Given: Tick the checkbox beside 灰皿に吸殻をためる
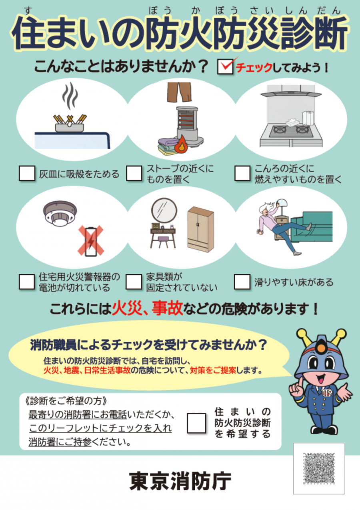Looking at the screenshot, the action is [27, 173].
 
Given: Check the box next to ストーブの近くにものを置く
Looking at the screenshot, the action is [134, 173].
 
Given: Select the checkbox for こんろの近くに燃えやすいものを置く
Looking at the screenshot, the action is [242, 173].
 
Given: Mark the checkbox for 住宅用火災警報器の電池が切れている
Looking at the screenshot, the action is [27, 281].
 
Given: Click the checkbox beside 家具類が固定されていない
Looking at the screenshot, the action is [134, 281].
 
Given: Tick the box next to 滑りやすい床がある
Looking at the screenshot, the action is [242, 281].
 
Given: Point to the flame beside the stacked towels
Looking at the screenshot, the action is [182, 144].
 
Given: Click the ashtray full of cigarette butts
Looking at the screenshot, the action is [70, 124].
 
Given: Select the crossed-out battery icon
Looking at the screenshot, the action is [91, 241].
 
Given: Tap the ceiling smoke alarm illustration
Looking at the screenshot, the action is [60, 213].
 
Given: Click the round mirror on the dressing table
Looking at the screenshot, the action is [164, 211].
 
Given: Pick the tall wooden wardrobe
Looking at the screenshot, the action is [201, 229].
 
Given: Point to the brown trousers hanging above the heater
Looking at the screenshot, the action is [179, 92].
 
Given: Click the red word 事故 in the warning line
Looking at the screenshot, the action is [168, 309].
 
